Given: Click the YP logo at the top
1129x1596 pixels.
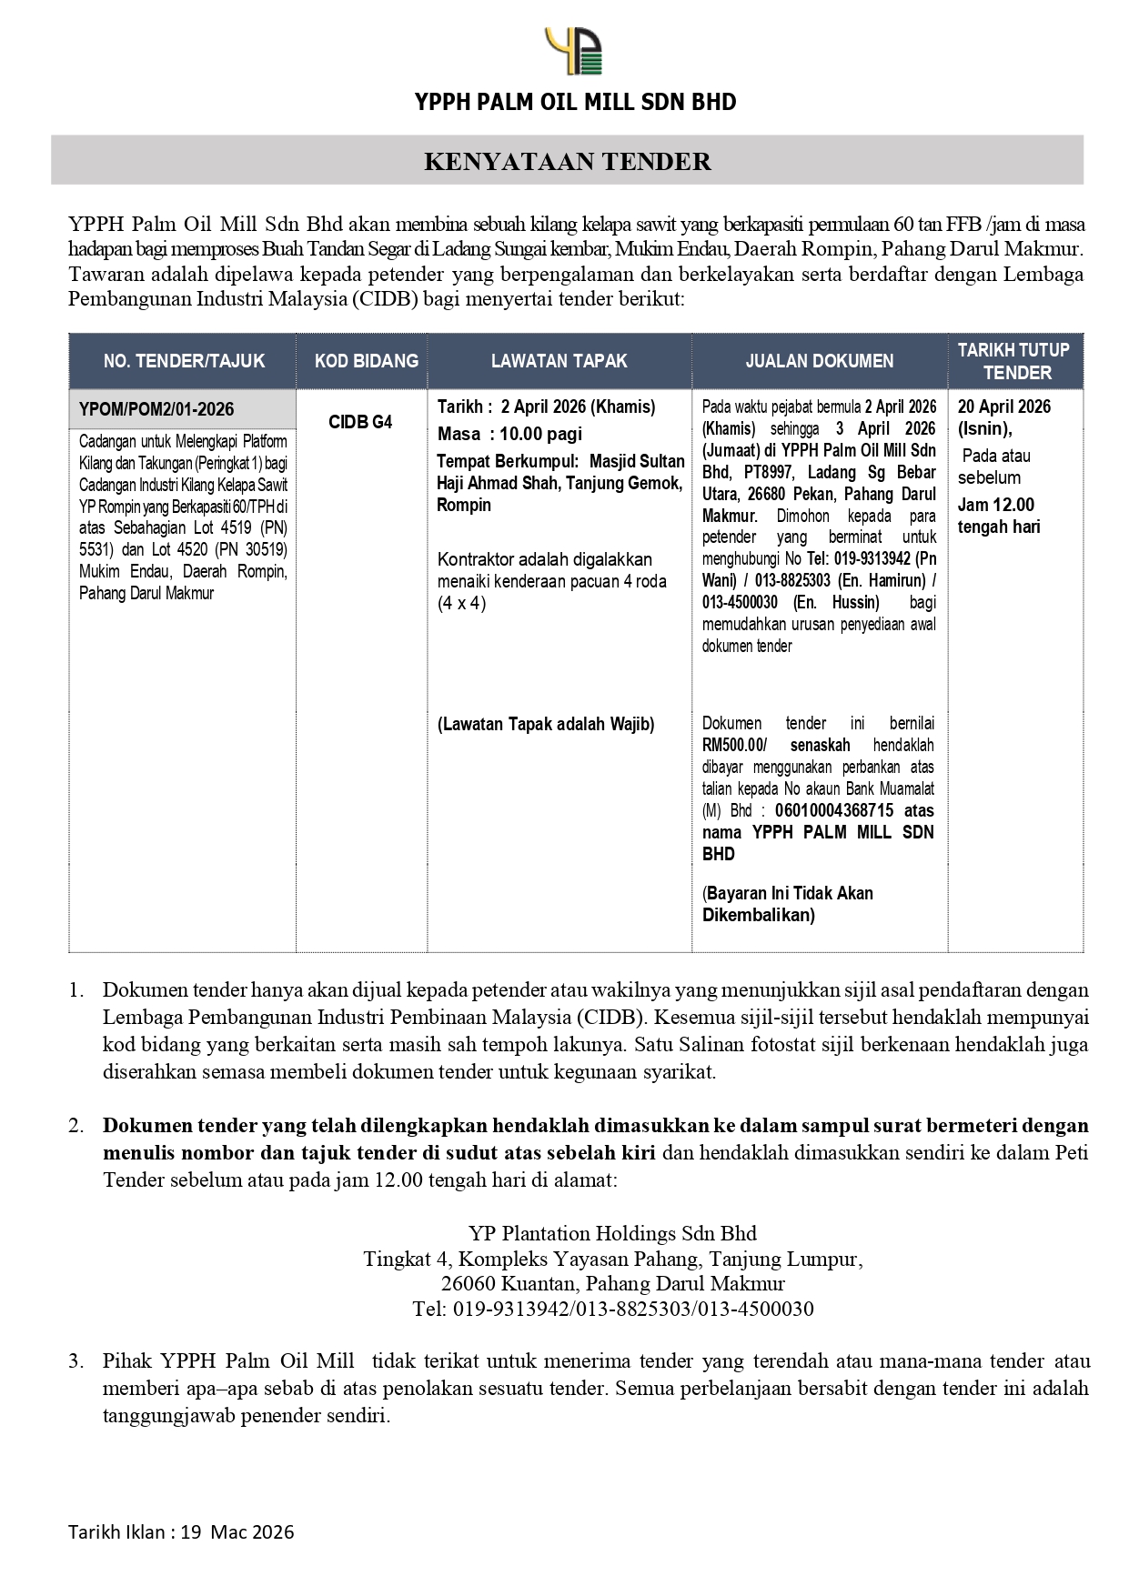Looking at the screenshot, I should [x=573, y=51].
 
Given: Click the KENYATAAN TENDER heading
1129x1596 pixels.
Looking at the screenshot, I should [x=567, y=162].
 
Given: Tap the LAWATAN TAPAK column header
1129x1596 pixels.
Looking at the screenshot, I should [x=559, y=361].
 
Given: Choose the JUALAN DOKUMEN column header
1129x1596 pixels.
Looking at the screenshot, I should [x=819, y=361].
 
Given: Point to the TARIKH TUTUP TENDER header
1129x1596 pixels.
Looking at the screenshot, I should [x=1016, y=361].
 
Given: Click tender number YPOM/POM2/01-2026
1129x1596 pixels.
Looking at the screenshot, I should [x=156, y=409].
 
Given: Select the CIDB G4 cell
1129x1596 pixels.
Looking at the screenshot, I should [x=361, y=422].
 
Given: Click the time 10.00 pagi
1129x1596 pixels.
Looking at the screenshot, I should [x=540, y=434].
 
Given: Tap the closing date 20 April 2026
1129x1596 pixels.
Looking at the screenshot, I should [x=1004, y=407].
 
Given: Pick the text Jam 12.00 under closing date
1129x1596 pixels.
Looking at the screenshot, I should [x=996, y=505].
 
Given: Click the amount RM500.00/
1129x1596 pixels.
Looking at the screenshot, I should [x=735, y=745].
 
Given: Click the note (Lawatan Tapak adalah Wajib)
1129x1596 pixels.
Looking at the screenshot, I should [x=546, y=725].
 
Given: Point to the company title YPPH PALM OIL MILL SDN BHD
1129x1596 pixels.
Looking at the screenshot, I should [x=575, y=102].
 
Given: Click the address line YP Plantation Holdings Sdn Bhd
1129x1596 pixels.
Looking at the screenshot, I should [x=612, y=1233].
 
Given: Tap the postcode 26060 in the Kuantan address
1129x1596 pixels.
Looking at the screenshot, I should [x=469, y=1284].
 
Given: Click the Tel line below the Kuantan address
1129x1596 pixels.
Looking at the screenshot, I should [x=612, y=1309].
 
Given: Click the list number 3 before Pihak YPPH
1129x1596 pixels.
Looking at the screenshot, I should [x=76, y=1361].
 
